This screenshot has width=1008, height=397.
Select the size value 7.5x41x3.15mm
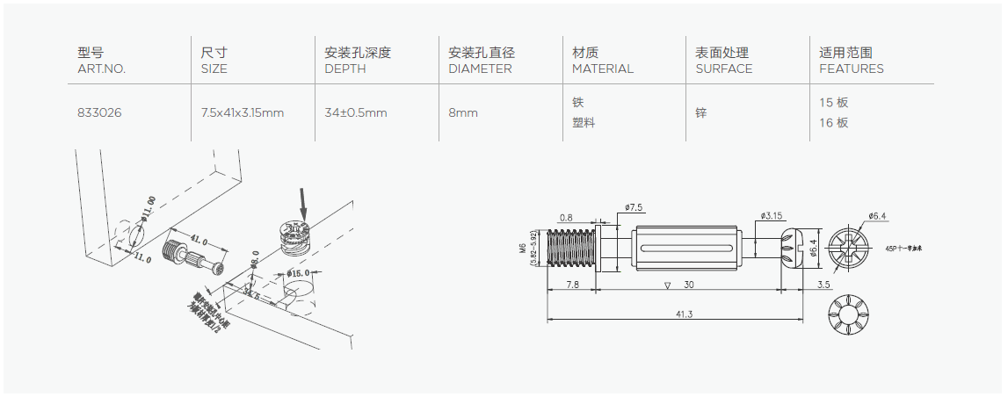pos(242,113)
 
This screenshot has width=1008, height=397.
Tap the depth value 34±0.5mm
pos(356,113)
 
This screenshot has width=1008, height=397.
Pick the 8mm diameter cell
pos(463,113)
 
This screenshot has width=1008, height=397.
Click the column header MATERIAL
pos(602,69)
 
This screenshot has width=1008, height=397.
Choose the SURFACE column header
pos(724,69)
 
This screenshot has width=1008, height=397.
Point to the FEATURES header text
pos(852,69)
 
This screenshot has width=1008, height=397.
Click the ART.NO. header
pos(102,69)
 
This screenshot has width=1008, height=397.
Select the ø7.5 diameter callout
pos(634,207)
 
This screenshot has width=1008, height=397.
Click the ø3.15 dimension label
pos(772,215)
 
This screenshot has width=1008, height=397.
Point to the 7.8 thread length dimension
pos(571,285)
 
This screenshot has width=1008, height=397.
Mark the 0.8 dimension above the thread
pos(566,217)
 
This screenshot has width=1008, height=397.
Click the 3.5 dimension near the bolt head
pos(823,285)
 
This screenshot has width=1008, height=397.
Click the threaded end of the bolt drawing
pos(569,246)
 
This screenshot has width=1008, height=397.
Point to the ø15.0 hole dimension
pos(300,273)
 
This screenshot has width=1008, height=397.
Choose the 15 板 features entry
pos(833,103)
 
